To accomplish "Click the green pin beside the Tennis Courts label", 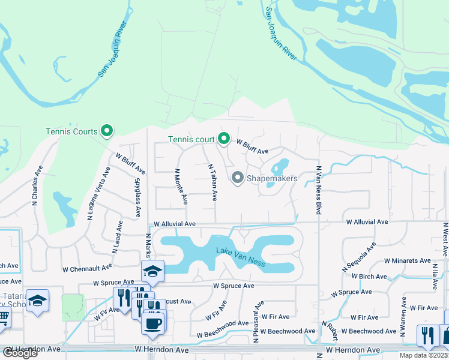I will [107, 130].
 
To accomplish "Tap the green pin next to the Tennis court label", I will [224, 139].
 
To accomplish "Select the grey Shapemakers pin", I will [237, 178].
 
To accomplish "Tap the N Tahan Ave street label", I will [211, 182].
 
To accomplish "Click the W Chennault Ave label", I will [86, 266].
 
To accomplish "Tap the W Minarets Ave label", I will [408, 261].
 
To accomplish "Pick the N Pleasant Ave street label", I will [256, 322].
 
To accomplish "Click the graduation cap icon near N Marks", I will [152, 271].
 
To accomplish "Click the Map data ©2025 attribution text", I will [423, 355].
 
